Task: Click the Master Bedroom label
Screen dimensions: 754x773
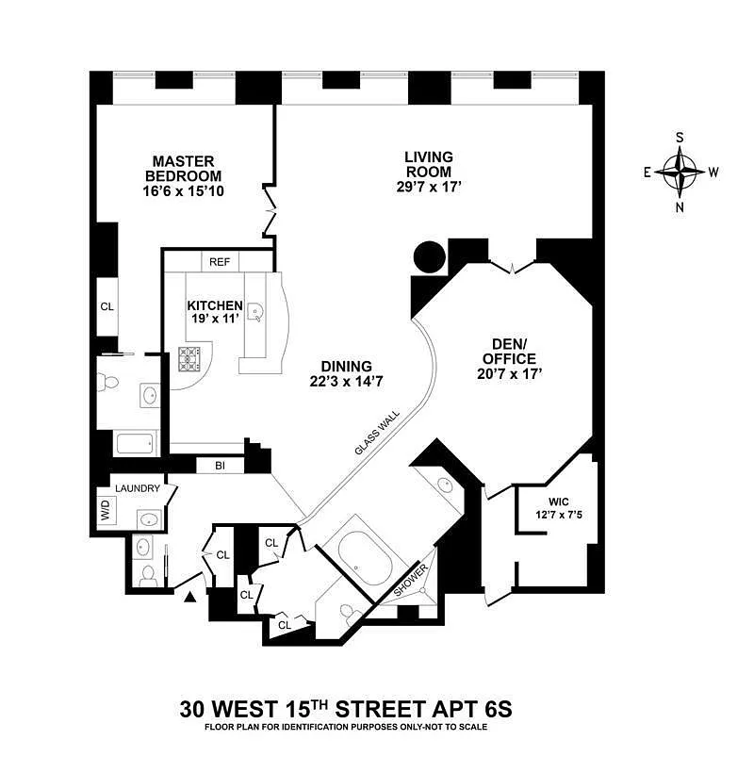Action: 184,169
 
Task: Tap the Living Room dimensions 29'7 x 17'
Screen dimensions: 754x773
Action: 428,187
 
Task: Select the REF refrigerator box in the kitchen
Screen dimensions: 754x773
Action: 220,262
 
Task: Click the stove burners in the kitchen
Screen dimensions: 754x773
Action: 189,359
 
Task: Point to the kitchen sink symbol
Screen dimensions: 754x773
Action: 255,313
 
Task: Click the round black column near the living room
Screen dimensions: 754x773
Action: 430,256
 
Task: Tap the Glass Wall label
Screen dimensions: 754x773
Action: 378,433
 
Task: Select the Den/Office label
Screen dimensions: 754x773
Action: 509,351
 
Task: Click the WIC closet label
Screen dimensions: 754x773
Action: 559,502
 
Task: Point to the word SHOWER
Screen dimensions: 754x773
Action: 411,580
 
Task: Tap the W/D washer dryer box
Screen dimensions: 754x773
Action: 107,508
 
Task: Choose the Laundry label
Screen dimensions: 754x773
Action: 138,488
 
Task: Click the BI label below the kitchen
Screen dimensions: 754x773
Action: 220,466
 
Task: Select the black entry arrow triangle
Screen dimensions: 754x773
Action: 190,597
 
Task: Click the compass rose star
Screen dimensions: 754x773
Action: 680,173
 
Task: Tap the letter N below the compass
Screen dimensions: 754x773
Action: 680,207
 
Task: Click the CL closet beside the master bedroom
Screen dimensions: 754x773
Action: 107,306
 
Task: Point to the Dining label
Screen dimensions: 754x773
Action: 347,367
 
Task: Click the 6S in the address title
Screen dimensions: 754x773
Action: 495,710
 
